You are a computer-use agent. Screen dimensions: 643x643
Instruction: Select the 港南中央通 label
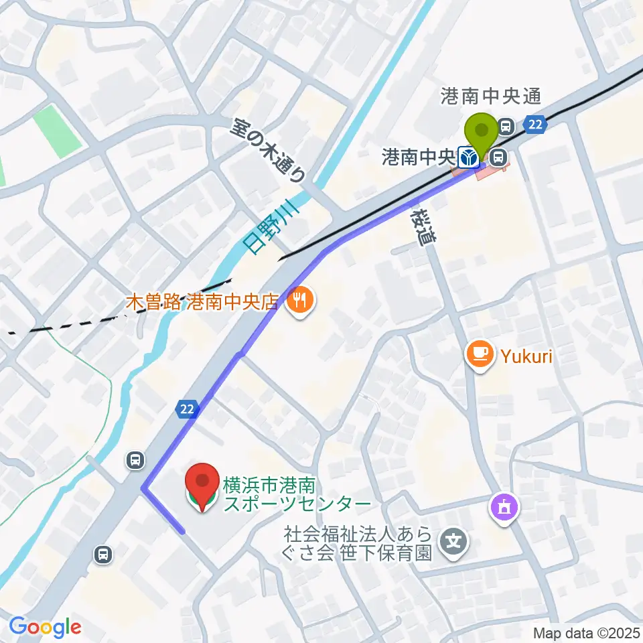(x=490, y=97)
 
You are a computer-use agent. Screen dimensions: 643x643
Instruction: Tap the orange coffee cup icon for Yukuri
(x=480, y=354)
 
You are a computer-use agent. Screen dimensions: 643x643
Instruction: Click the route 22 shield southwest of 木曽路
(x=188, y=409)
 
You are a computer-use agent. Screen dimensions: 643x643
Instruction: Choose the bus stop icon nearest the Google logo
(x=103, y=554)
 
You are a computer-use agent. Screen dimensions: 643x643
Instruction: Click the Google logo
(x=46, y=628)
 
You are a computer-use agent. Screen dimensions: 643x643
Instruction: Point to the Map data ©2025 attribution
(x=587, y=633)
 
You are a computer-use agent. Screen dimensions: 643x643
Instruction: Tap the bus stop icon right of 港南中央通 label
(x=506, y=125)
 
